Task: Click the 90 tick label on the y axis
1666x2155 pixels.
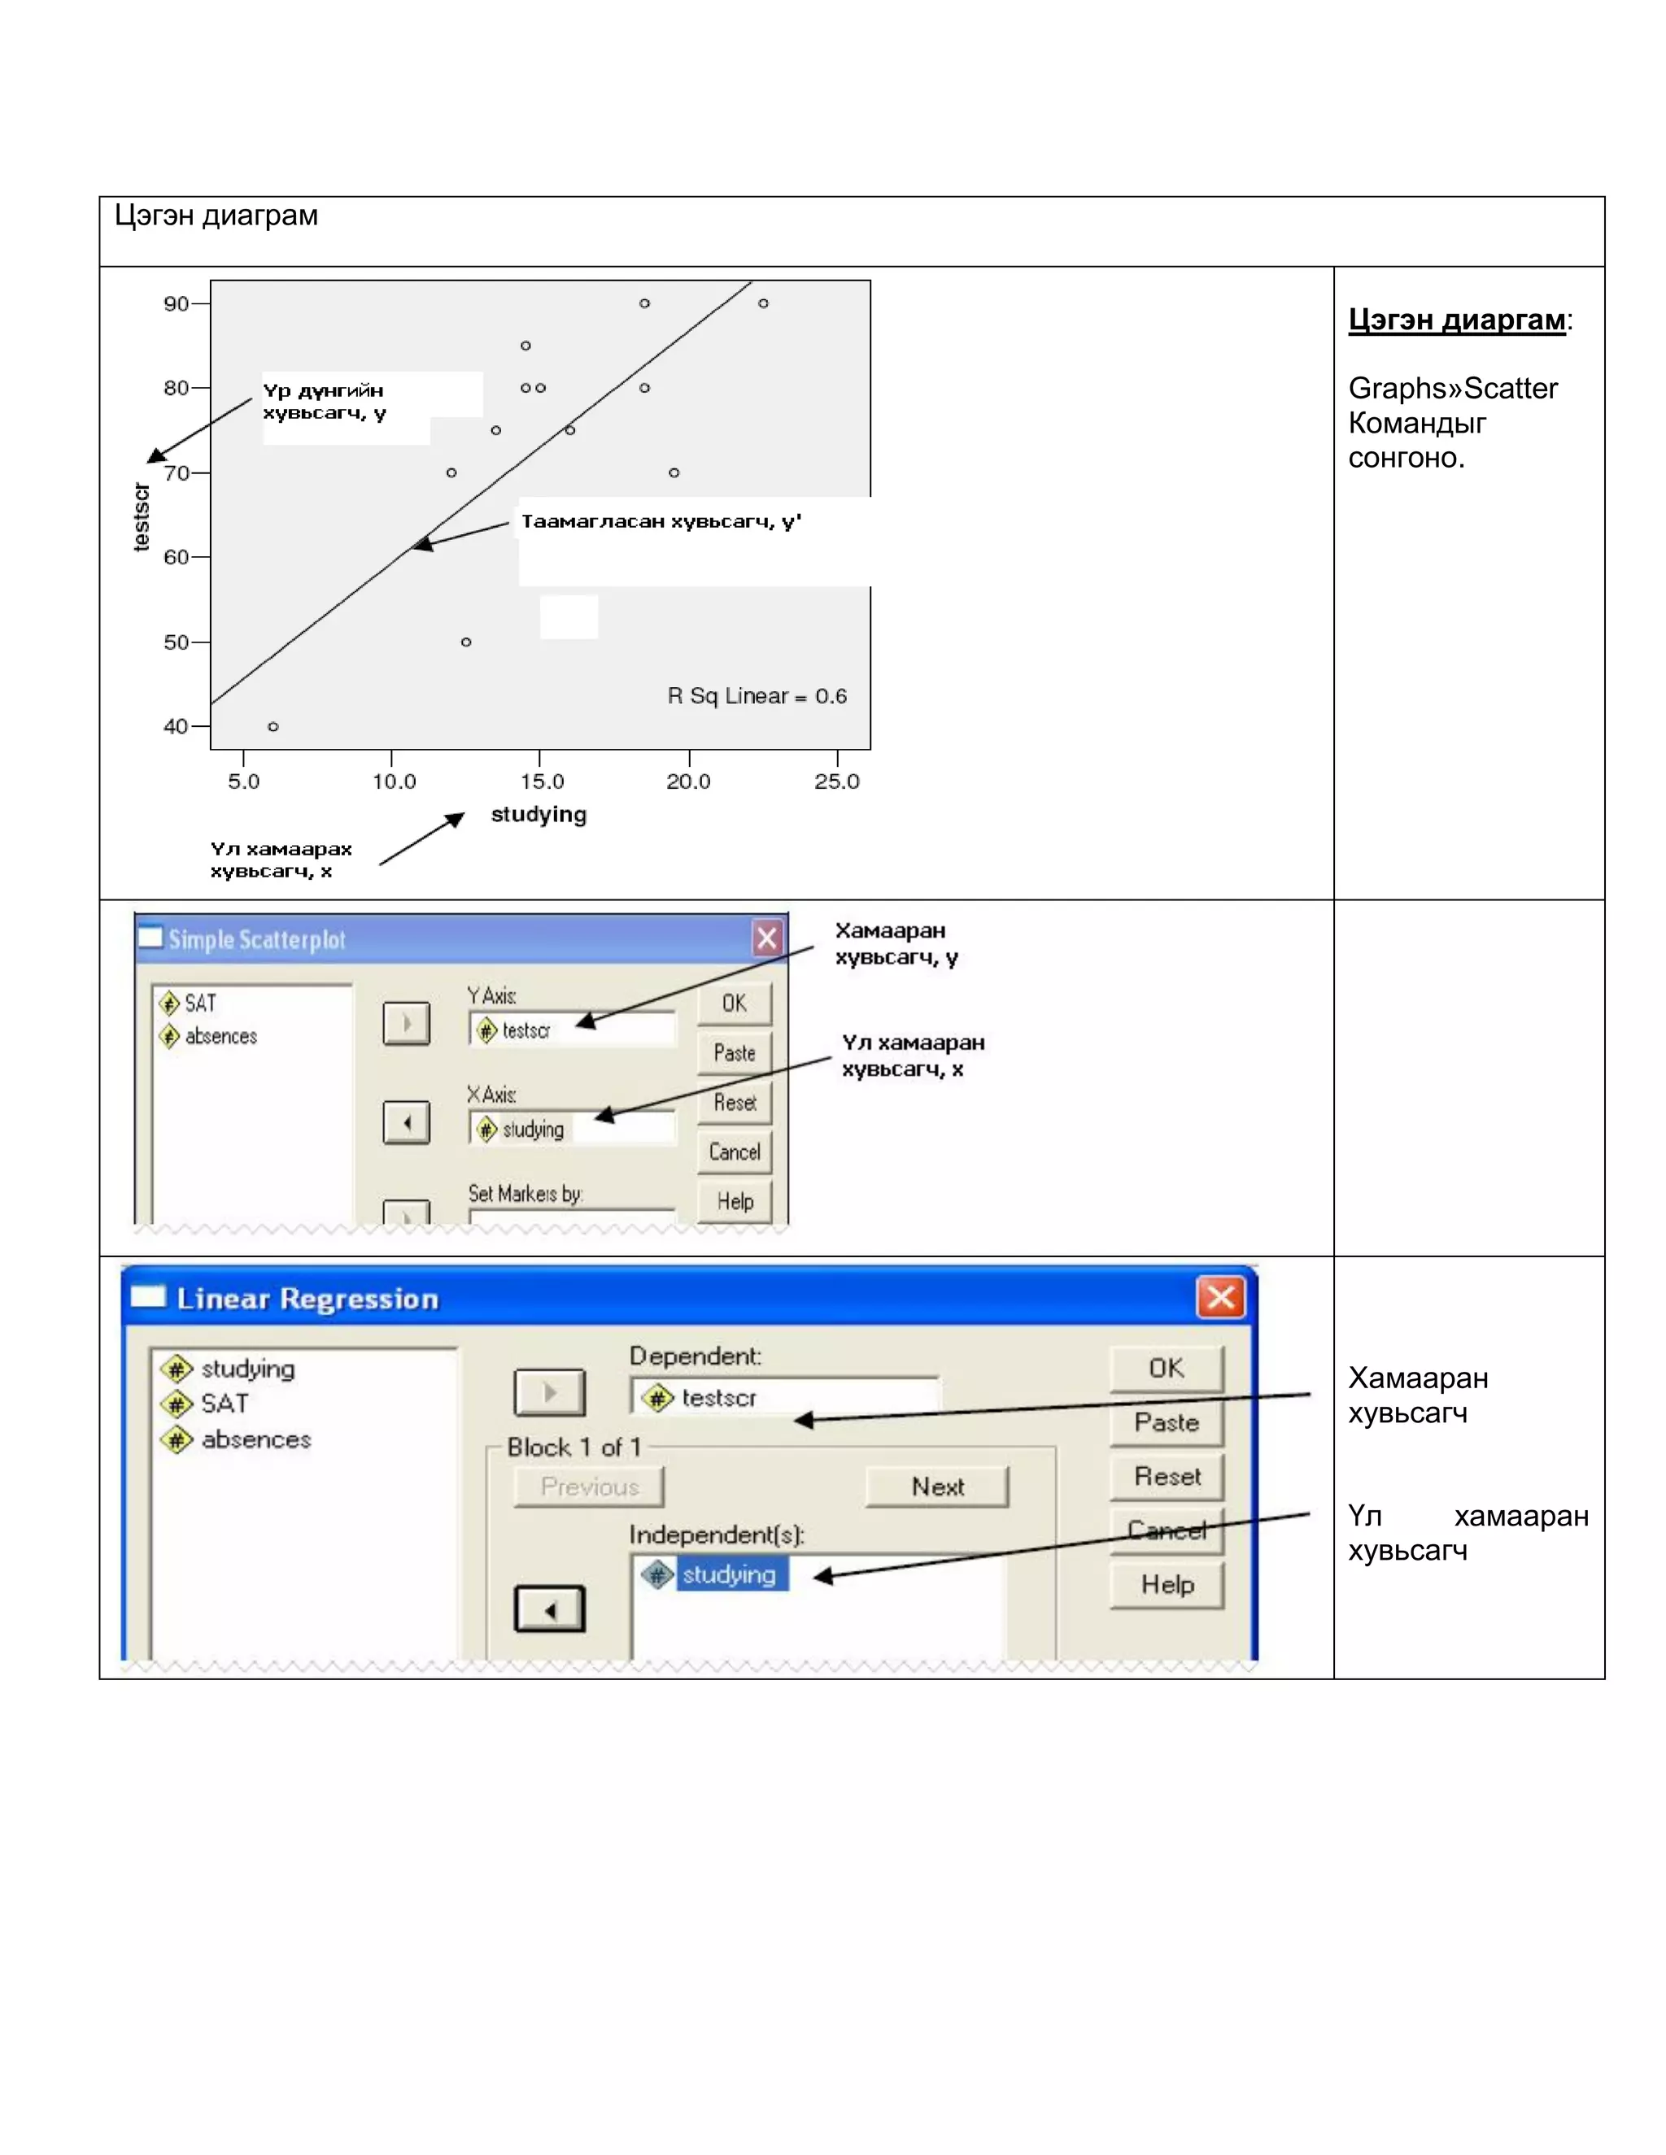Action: click(176, 304)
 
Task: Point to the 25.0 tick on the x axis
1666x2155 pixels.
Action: click(836, 781)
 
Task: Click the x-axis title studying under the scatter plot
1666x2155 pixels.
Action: click(539, 814)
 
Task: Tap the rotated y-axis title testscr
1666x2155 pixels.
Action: click(142, 516)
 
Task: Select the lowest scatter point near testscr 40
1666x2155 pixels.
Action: click(273, 727)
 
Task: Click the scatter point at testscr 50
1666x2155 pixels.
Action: click(466, 642)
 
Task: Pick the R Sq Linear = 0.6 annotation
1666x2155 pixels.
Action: click(757, 697)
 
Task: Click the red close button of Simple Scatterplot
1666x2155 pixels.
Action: click(767, 938)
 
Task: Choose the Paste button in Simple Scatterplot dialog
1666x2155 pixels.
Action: click(735, 1053)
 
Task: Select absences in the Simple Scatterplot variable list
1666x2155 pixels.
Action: click(220, 1036)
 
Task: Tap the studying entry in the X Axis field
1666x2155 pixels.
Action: click(532, 1129)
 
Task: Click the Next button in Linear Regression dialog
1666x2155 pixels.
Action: click(936, 1487)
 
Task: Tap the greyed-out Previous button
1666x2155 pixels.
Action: click(589, 1487)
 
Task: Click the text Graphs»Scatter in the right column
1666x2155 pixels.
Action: click(1452, 389)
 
